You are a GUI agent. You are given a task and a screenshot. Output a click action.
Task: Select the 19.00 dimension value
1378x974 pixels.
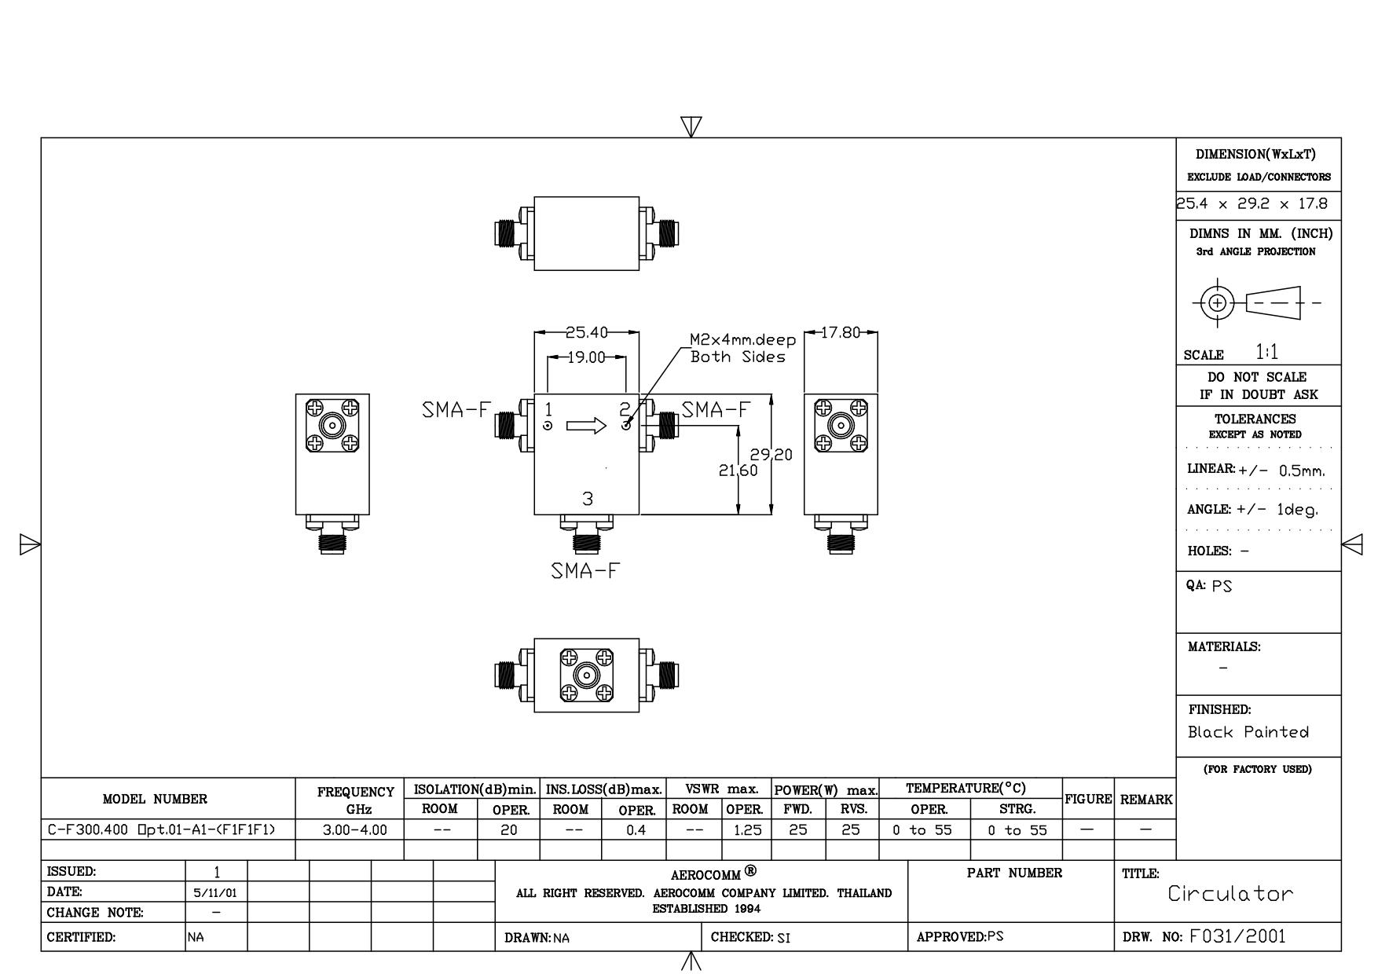(x=587, y=357)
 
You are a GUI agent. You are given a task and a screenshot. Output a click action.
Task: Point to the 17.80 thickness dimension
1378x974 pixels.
(x=841, y=332)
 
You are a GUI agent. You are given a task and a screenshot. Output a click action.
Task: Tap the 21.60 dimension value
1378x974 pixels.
(x=738, y=471)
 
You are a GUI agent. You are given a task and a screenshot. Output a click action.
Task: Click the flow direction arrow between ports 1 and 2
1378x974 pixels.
(x=586, y=426)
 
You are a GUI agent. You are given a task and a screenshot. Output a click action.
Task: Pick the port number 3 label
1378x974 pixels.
(x=588, y=499)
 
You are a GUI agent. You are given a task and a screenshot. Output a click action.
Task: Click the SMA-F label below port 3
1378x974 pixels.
(x=585, y=571)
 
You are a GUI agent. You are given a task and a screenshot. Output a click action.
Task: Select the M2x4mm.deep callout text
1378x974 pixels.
(x=742, y=340)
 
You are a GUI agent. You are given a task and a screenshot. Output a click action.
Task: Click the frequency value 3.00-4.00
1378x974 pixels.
(x=355, y=829)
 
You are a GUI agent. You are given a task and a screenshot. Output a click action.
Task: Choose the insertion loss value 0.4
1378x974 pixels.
(x=636, y=829)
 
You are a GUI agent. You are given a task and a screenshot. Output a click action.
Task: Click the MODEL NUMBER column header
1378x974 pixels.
(x=155, y=800)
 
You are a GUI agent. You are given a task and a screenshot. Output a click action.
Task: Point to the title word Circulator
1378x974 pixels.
(x=1230, y=894)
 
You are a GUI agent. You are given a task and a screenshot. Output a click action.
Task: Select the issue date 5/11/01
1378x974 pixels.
(x=215, y=893)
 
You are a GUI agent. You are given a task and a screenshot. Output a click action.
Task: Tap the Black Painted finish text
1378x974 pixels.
(x=1248, y=732)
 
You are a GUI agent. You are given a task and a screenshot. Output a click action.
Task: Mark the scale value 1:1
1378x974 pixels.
(x=1266, y=352)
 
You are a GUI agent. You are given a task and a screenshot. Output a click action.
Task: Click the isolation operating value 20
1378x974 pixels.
(x=509, y=829)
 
